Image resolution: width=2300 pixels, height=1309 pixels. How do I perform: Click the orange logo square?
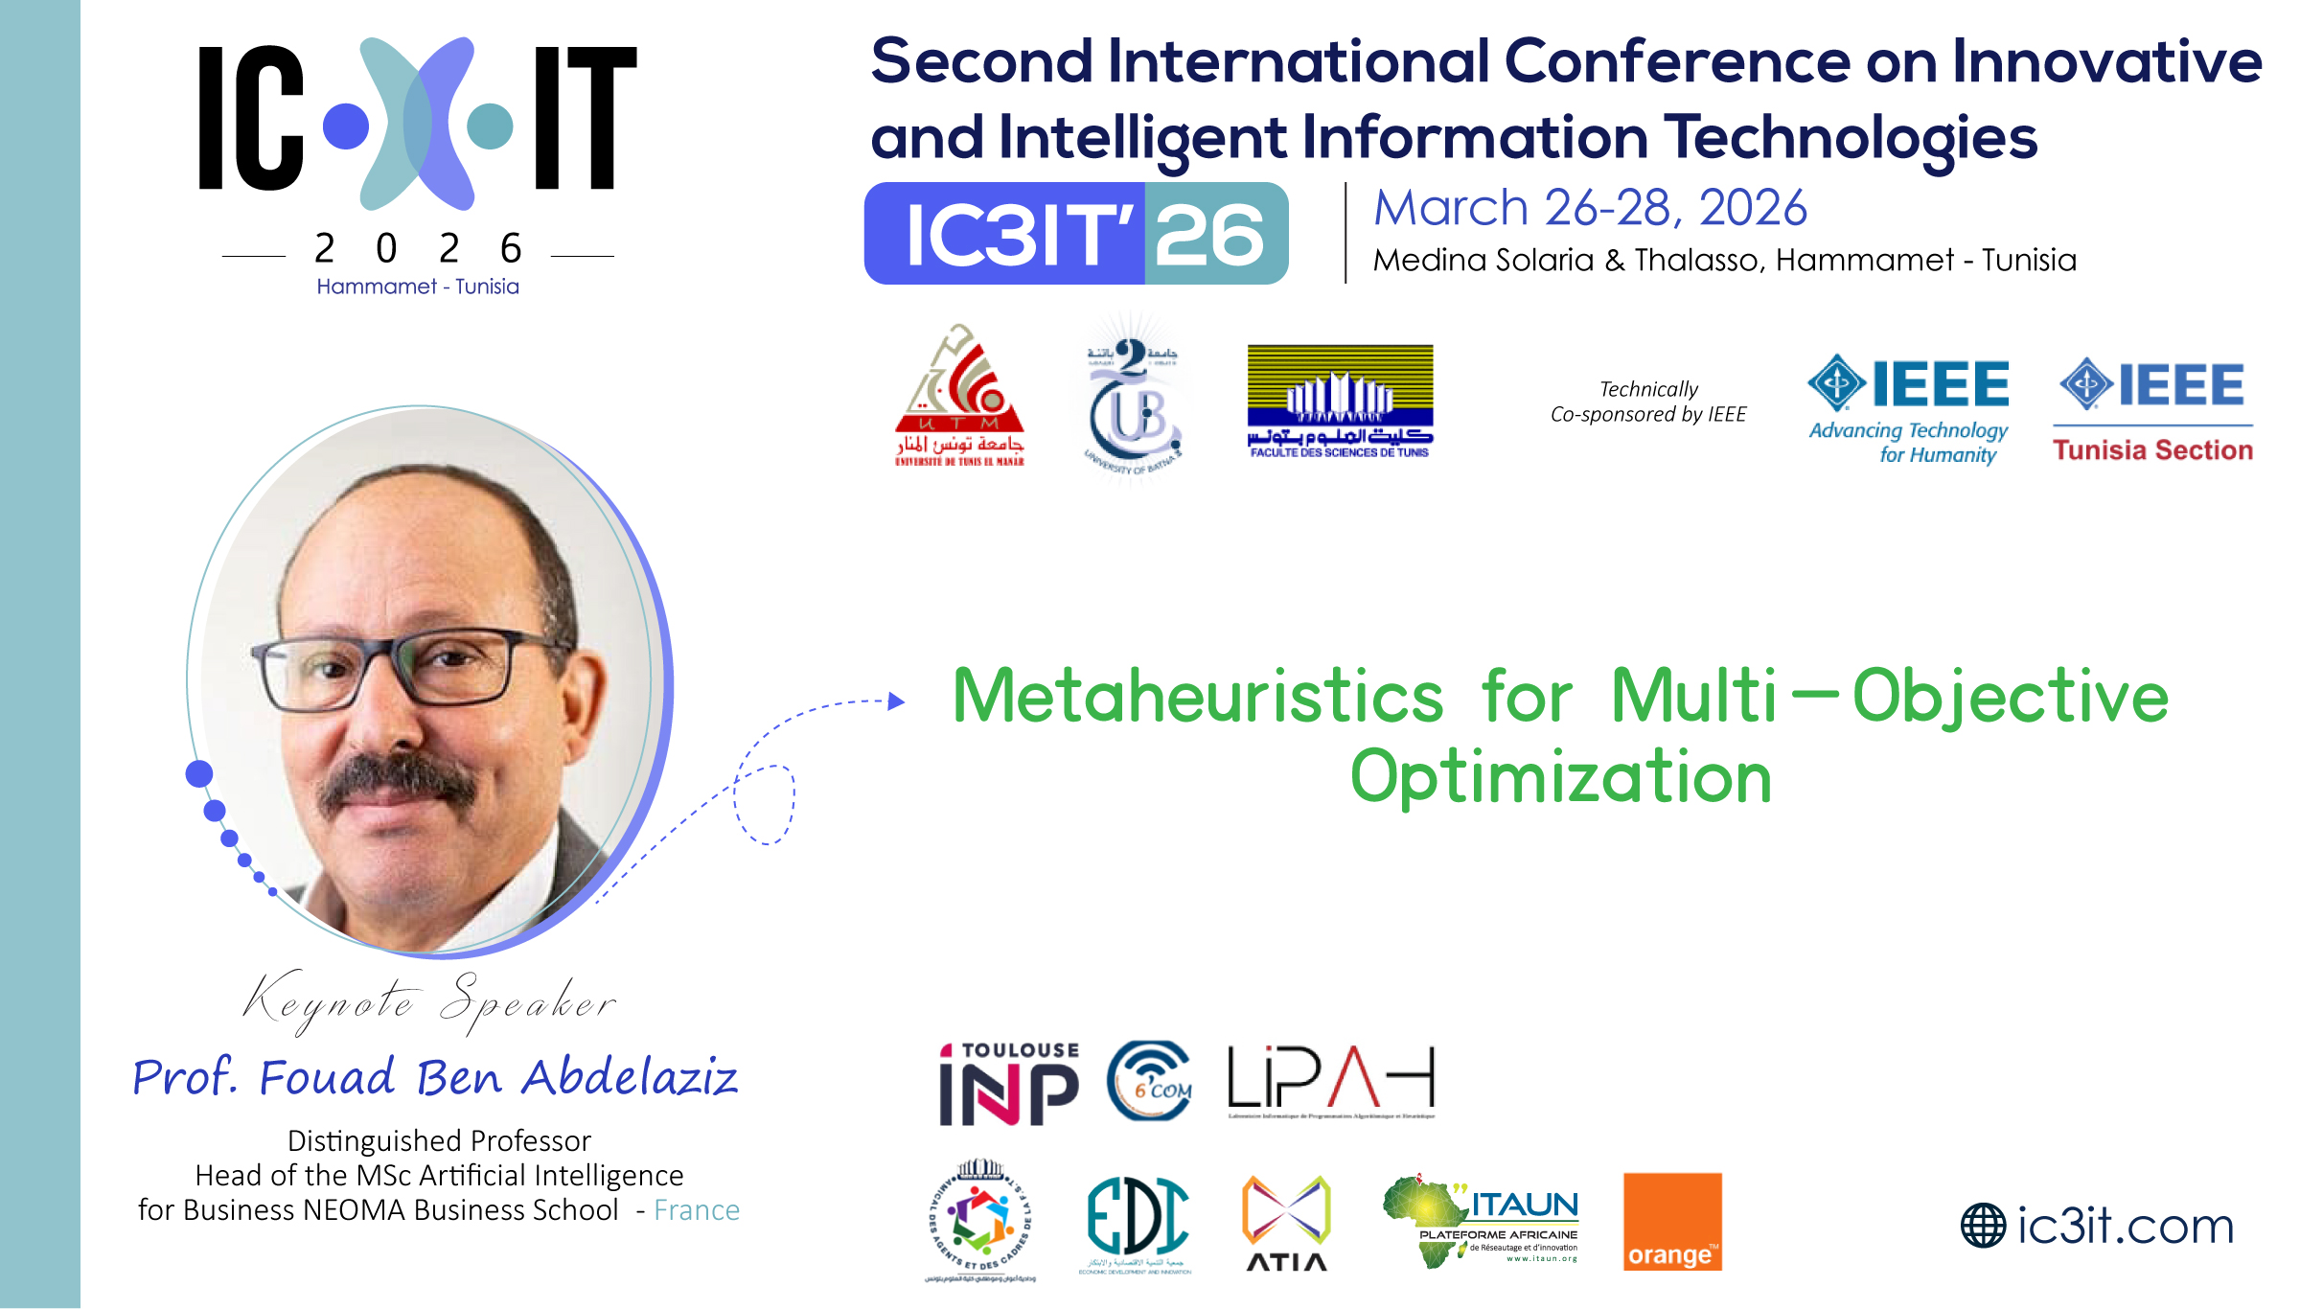coord(1672,1221)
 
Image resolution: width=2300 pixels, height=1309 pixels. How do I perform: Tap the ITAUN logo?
coord(1482,1221)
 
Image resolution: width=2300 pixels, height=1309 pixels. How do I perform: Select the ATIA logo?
coord(1286,1223)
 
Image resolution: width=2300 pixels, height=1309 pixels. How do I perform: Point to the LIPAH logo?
coord(1332,1081)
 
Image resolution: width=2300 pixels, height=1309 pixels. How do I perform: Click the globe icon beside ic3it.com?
coord(1983,1226)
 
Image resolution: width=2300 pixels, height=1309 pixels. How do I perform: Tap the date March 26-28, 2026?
coord(1590,207)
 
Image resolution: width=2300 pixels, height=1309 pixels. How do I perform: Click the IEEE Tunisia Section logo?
coord(2152,410)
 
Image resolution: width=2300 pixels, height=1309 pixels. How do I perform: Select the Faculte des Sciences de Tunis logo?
coord(1340,402)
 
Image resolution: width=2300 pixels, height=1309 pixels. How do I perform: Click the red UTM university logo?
coord(959,397)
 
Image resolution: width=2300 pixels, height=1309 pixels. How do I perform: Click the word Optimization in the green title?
coord(1560,776)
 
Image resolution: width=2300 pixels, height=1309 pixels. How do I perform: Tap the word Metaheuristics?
coord(1198,696)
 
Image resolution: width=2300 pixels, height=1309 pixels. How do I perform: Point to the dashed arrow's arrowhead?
coord(896,701)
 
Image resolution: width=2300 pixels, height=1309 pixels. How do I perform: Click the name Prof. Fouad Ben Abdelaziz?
coord(435,1077)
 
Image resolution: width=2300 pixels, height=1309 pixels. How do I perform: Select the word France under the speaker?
coord(697,1210)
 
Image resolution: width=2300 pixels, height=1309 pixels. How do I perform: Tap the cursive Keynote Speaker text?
coord(429,1002)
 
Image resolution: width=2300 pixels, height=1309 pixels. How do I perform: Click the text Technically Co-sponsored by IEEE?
coord(1648,402)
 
